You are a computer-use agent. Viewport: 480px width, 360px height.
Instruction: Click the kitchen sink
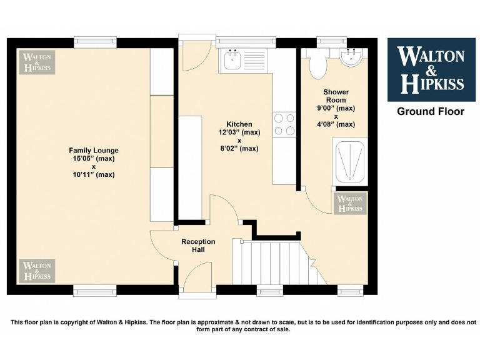tap(232, 61)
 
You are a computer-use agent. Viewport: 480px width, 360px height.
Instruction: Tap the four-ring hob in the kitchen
tap(284, 124)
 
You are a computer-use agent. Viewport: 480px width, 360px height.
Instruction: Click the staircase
tap(275, 262)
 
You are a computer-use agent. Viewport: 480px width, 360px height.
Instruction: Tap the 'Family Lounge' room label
tap(94, 151)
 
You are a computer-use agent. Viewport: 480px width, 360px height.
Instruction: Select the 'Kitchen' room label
tap(239, 124)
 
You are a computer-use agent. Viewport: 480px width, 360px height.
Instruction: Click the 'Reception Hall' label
tap(198, 246)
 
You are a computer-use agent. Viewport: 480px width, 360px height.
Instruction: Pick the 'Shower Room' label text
tap(336, 96)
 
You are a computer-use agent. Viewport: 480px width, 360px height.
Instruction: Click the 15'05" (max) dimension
tap(94, 159)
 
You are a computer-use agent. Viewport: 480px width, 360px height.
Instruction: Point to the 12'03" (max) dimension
tap(239, 132)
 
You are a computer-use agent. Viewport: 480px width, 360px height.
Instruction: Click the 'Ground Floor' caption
tap(431, 112)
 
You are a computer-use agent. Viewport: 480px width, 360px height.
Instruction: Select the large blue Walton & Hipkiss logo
tap(431, 69)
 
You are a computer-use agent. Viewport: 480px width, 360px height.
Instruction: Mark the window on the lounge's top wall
tap(95, 42)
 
